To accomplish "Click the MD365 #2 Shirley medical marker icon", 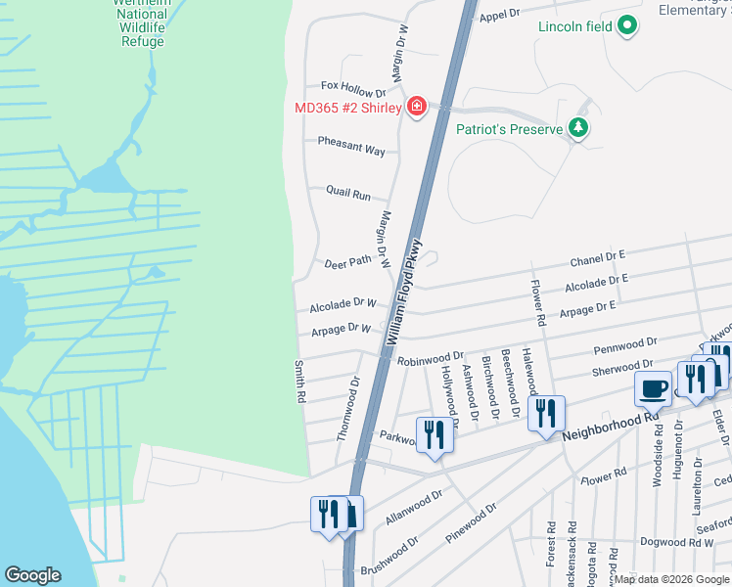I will click(417, 107).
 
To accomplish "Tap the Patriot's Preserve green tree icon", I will click(578, 128).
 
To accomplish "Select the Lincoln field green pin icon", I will click(627, 26).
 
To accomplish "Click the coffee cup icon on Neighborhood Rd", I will click(653, 388).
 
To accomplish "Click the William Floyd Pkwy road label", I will click(405, 292).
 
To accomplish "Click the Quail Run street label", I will click(348, 194).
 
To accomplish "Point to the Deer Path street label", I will click(348, 261).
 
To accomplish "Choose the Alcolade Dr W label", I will click(343, 305).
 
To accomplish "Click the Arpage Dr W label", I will click(342, 330).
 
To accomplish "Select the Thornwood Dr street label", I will click(348, 410).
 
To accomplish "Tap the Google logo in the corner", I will click(32, 575).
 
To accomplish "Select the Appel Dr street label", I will click(498, 15).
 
